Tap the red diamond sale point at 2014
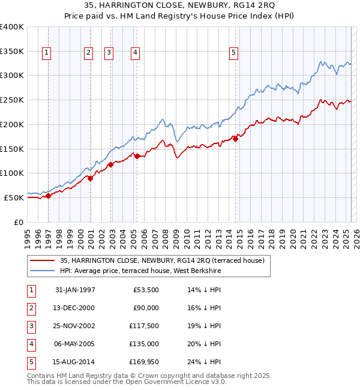click(235, 139)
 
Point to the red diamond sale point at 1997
click(49, 196)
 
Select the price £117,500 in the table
click(143, 326)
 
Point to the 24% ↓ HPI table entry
click(205, 362)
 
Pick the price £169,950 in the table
click(143, 362)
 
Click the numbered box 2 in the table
click(31, 308)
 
